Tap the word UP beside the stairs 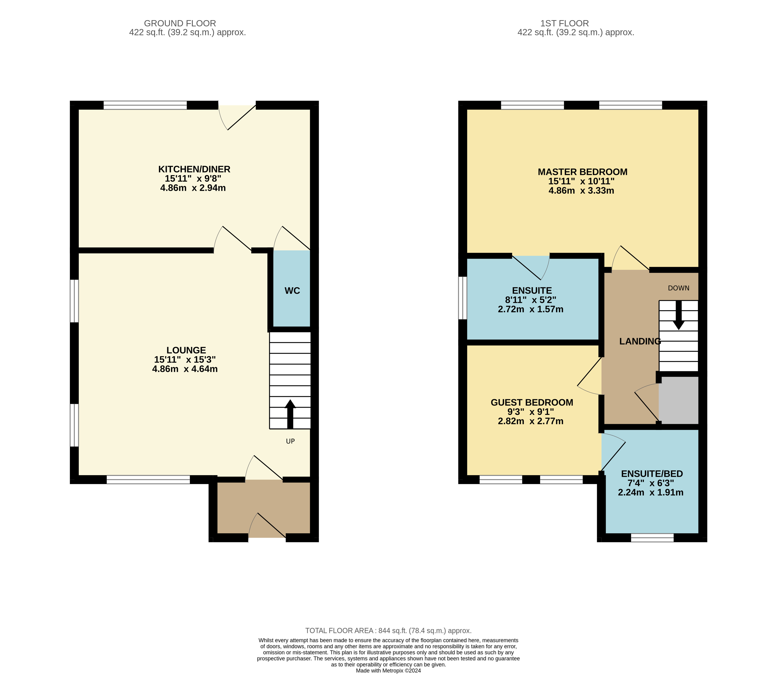click(290, 441)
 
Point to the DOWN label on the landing click(678, 288)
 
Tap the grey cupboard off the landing click(678, 400)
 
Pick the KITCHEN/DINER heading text click(194, 169)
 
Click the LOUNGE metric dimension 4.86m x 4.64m click(185, 369)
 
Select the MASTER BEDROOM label click(582, 172)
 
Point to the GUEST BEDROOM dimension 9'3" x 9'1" click(531, 412)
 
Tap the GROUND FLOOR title click(180, 23)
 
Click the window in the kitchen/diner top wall click(145, 105)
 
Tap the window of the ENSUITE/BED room click(652, 538)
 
